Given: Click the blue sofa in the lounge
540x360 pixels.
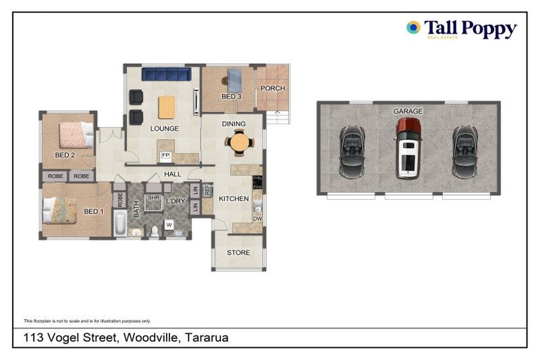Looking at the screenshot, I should (167, 75).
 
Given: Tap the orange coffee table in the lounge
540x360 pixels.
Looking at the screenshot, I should (167, 107).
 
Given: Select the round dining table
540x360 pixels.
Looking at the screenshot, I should (240, 143).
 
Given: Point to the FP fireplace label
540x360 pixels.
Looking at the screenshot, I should (166, 155).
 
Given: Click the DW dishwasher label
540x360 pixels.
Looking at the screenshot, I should (257, 219).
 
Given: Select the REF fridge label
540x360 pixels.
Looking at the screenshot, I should (207, 189).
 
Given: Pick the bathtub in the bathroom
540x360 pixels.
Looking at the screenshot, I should (120, 224).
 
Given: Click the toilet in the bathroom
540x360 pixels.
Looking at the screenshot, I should (155, 231).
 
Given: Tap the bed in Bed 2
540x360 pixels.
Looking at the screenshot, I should (75, 134).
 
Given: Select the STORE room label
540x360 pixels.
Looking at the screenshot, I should (238, 252).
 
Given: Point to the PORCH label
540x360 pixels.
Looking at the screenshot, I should (272, 89).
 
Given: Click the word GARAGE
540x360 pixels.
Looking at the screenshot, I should (408, 111).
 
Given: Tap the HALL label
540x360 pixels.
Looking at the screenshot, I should (172, 174).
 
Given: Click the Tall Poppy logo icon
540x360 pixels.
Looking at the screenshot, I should (413, 27).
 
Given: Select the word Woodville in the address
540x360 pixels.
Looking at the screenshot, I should (150, 338).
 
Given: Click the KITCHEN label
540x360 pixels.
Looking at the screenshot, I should (233, 199).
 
